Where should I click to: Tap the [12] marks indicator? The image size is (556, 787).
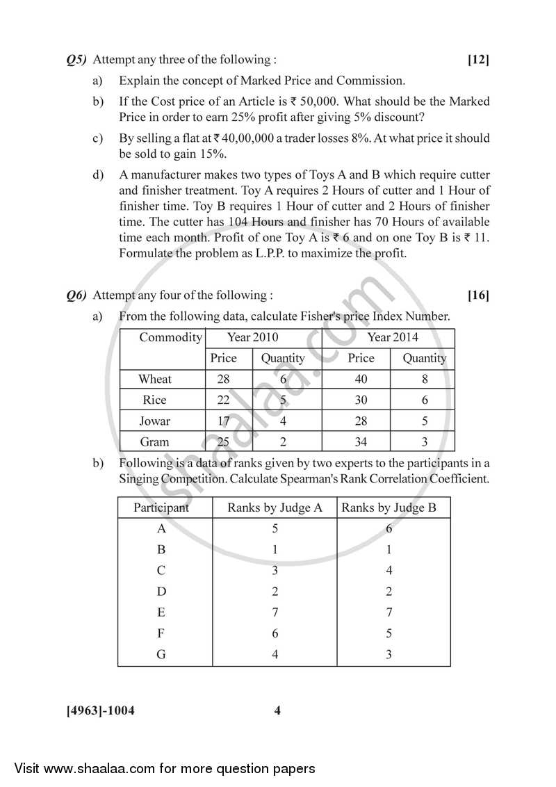click(478, 60)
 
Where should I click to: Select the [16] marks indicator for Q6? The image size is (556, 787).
click(478, 295)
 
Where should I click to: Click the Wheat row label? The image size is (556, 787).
click(155, 379)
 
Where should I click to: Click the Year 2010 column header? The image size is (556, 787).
click(253, 337)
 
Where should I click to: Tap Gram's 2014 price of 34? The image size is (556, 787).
click(361, 441)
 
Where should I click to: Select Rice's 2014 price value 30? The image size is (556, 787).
click(361, 400)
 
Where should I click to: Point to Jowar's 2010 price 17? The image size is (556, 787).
click(223, 421)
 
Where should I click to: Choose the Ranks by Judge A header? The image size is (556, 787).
click(275, 508)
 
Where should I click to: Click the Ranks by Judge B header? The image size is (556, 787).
click(389, 508)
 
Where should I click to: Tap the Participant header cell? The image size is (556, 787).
click(161, 508)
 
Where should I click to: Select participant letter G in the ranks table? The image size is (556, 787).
click(161, 654)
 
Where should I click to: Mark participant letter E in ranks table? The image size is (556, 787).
click(161, 612)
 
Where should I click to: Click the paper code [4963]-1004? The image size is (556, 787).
click(100, 711)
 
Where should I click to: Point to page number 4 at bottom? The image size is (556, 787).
click(277, 711)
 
